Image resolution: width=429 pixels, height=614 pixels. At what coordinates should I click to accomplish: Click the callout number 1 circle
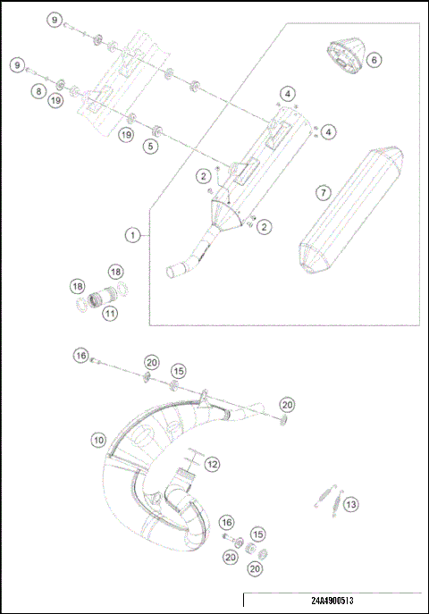tap(132, 235)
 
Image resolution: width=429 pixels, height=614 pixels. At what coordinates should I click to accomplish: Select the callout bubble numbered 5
tap(150, 145)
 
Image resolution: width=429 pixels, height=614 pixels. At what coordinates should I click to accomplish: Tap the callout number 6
tap(374, 60)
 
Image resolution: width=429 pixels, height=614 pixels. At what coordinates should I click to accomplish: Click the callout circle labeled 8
tap(38, 91)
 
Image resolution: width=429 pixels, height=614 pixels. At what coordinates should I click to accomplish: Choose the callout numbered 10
tap(98, 440)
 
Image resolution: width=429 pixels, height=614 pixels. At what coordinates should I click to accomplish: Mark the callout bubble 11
tap(109, 314)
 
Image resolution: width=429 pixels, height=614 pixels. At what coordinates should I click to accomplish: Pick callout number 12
tap(212, 465)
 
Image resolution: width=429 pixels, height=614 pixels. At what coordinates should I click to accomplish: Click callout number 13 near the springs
tap(351, 505)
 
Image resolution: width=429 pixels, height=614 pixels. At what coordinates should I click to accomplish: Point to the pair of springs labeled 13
tap(327, 497)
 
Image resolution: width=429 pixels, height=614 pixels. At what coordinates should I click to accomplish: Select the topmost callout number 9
tap(55, 20)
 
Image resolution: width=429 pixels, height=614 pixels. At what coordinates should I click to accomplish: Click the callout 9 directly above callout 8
tap(17, 65)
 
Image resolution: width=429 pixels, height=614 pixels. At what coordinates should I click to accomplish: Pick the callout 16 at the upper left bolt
tap(80, 356)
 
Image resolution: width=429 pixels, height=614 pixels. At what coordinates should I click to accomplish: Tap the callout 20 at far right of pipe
tap(287, 404)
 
